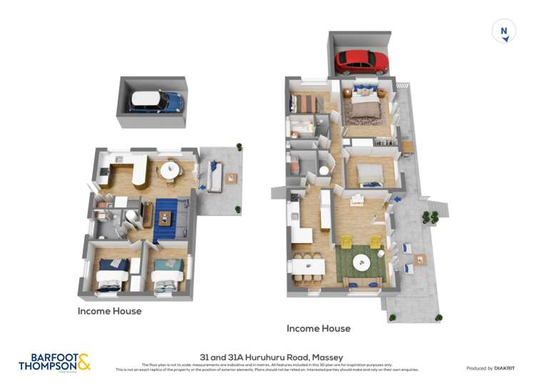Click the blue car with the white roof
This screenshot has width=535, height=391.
[x=156, y=102]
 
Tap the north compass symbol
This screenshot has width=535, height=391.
[x=504, y=31]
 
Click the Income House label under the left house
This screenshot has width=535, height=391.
[x=110, y=311]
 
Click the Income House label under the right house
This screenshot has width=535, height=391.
[x=318, y=328]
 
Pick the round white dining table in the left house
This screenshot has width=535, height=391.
[x=170, y=170]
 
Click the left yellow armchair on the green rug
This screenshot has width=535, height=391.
[x=345, y=242]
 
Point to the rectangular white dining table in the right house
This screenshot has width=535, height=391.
[x=307, y=266]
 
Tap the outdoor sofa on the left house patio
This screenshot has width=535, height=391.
[x=213, y=175]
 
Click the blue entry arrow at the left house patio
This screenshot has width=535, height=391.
[x=204, y=188]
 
